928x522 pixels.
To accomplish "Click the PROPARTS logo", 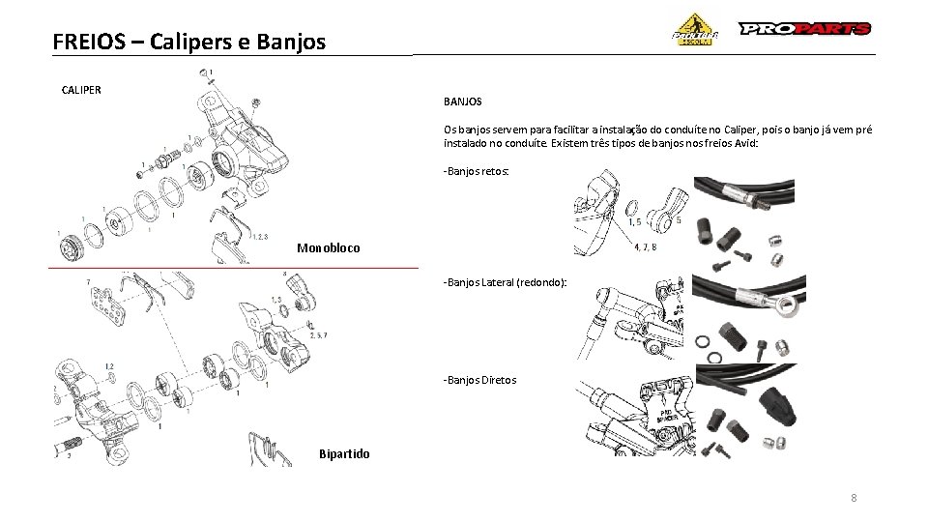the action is click(805, 29).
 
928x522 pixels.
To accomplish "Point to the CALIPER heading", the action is click(81, 90).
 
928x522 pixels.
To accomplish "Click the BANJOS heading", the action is click(463, 101).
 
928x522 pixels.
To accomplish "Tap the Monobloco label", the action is click(328, 248).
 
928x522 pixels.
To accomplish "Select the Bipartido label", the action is click(344, 454).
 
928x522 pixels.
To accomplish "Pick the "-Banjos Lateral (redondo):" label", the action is click(505, 282).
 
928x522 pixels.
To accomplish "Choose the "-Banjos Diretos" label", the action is click(479, 380).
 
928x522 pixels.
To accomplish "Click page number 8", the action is click(854, 498).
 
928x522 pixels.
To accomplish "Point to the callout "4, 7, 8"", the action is click(645, 246).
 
